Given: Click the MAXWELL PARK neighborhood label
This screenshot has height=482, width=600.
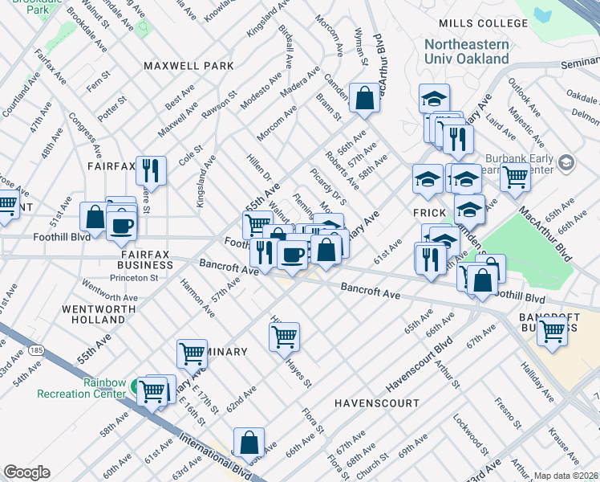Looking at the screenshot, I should coord(189,65).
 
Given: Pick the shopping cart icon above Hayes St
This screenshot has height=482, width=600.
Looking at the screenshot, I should coord(284,337).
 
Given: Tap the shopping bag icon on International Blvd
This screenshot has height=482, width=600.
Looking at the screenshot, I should coord(249,442).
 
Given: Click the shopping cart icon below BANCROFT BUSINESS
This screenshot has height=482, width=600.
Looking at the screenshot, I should coord(553,330).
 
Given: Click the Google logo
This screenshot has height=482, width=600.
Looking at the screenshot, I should coord(26,472).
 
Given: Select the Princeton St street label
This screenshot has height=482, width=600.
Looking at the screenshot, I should coord(135,278).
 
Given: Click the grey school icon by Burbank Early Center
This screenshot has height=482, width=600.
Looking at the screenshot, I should coord(566,164).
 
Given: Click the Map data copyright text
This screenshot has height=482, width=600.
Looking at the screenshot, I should coord(566,476).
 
